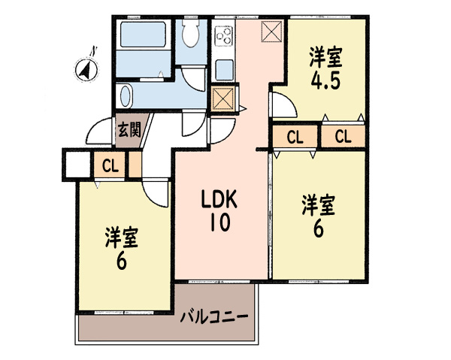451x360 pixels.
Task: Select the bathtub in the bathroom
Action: pyautogui.click(x=143, y=35)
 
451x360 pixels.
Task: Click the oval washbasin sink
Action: pyautogui.click(x=125, y=95)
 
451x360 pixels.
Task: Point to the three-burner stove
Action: pyautogui.click(x=223, y=35)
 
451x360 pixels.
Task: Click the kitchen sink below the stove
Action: pyautogui.click(x=224, y=70)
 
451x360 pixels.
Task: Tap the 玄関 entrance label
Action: pyautogui.click(x=129, y=131)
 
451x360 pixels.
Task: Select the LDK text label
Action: pyautogui.click(x=219, y=199)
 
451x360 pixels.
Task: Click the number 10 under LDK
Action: pyautogui.click(x=220, y=222)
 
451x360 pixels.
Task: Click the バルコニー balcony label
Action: pyautogui.click(x=214, y=317)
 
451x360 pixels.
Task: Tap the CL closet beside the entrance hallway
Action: pyautogui.click(x=110, y=166)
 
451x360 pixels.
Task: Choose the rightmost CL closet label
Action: pyautogui.click(x=344, y=137)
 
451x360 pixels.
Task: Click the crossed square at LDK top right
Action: pyautogui.click(x=272, y=32)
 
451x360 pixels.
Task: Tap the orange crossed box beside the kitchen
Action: pyautogui.click(x=223, y=98)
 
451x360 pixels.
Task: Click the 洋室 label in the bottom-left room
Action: pyautogui.click(x=122, y=237)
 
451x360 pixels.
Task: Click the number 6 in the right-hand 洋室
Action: pyautogui.click(x=319, y=229)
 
